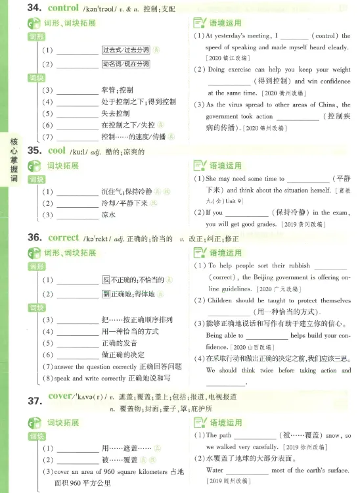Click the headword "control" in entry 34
point(64,9)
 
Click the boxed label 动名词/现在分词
point(125,64)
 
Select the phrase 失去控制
point(116,113)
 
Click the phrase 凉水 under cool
point(108,214)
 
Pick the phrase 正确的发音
point(120,342)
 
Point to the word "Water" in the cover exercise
point(215,470)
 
